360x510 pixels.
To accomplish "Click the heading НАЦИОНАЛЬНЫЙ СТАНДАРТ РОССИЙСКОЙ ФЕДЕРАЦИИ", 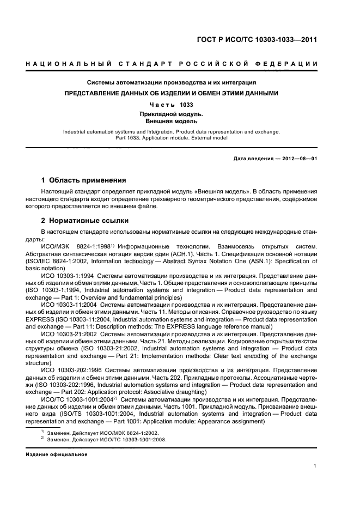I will tap(172, 65).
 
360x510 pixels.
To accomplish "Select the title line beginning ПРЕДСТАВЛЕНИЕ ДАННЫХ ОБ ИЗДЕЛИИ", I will tap(172, 93).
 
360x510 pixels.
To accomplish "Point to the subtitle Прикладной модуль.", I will tap(172, 114).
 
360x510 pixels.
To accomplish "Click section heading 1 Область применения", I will tap(84, 180).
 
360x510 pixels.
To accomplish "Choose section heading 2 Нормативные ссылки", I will tap(86, 221).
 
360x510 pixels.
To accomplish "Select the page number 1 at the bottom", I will tap(315, 466).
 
